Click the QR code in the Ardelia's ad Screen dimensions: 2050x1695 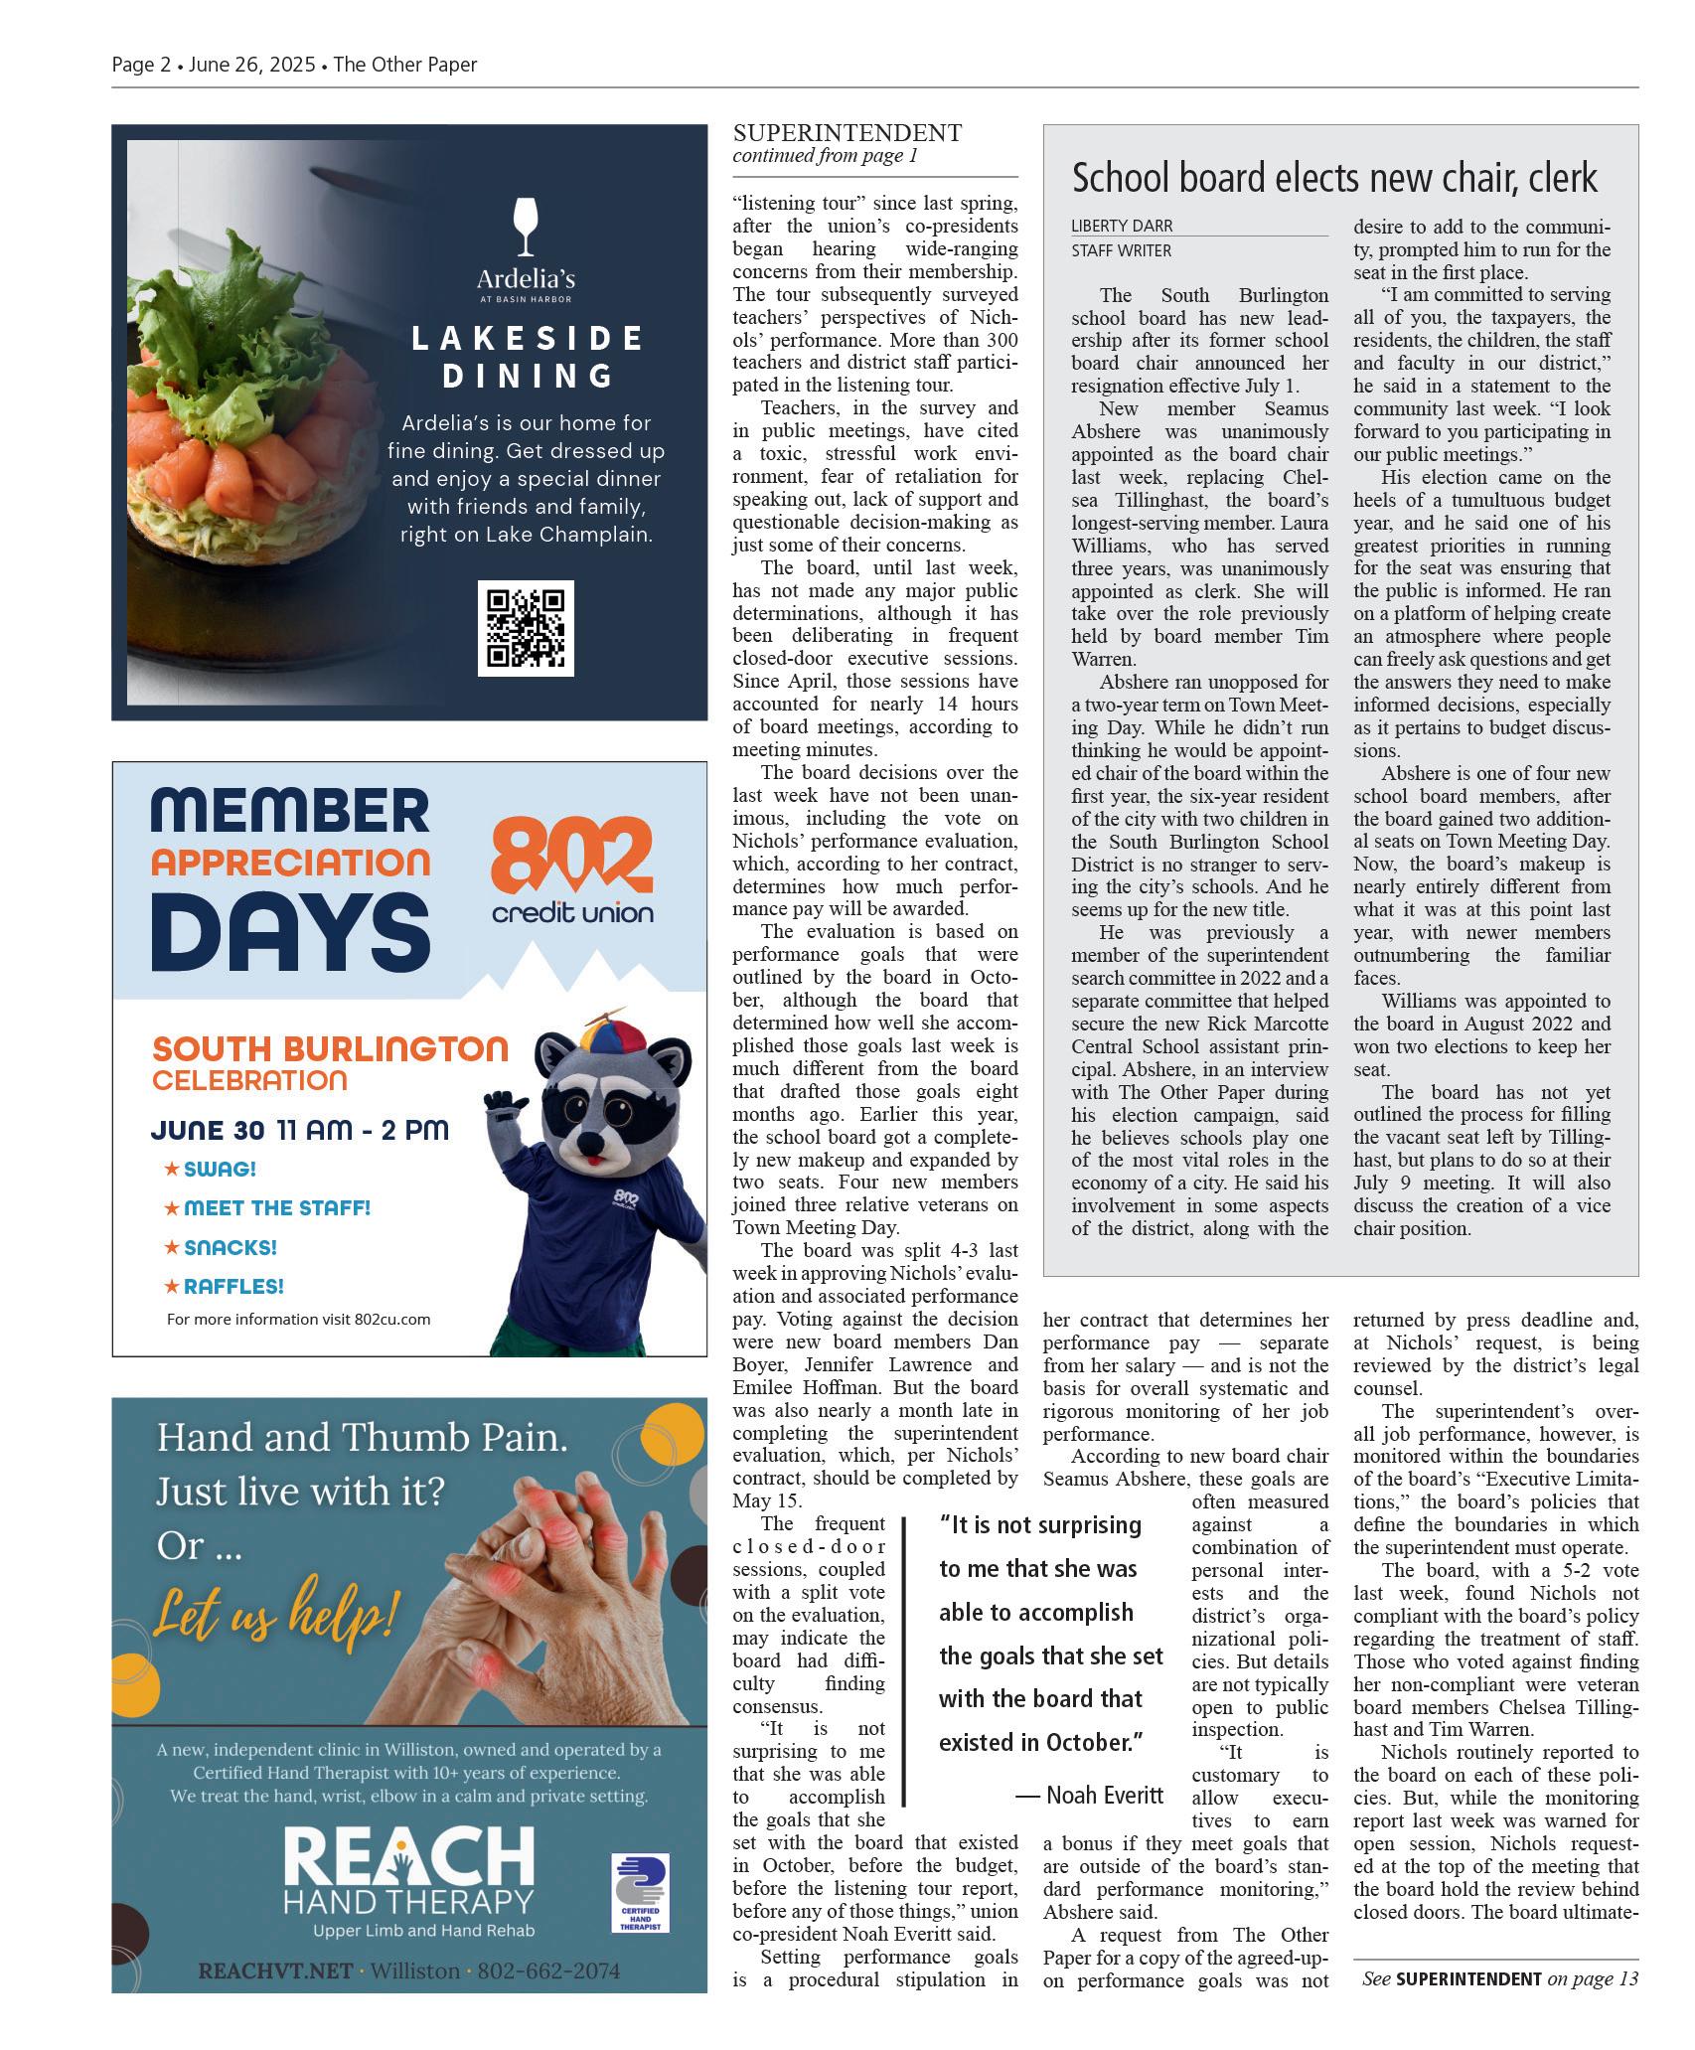[525, 628]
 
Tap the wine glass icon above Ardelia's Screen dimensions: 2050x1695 [526, 226]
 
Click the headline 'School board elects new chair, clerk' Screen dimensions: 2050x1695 [1333, 179]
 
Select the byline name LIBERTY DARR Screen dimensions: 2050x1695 [1121, 226]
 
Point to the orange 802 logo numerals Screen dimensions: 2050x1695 [571, 855]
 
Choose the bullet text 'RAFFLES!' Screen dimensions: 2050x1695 [233, 1286]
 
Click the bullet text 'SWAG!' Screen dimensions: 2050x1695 [220, 1169]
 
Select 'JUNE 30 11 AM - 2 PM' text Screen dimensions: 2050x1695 [299, 1130]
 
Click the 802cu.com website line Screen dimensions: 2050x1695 [298, 1319]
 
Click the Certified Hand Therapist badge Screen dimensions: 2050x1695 [639, 1891]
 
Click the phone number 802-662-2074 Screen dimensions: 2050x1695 [548, 1971]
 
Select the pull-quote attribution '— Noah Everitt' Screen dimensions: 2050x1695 [1089, 1794]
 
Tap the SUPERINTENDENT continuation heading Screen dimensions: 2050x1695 [847, 132]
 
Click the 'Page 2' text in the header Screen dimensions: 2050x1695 [140, 65]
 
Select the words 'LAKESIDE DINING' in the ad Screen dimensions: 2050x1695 [527, 356]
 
